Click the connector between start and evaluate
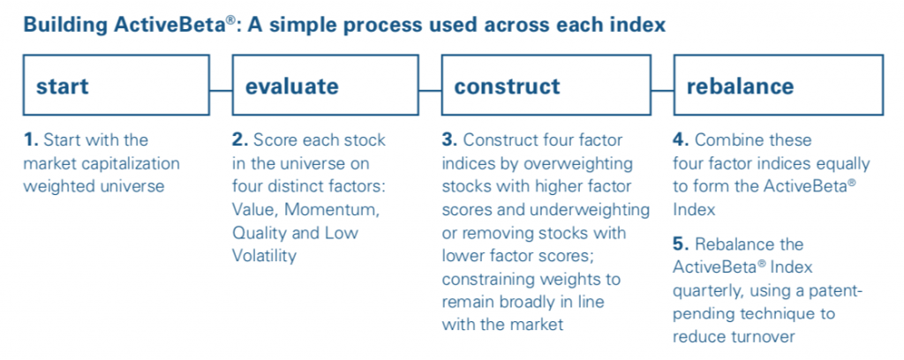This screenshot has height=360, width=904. tap(221, 90)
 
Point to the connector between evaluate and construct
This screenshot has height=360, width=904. tap(430, 90)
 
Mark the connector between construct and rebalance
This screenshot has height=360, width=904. tap(662, 90)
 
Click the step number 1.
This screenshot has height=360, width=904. tap(29, 140)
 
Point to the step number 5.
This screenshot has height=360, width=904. tap(682, 244)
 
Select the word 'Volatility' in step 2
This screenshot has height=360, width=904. tap(265, 256)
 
